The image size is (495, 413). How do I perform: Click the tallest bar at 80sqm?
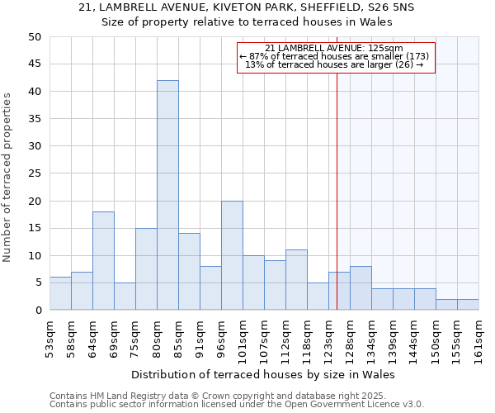click(x=167, y=195)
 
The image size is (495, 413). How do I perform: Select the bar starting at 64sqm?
click(x=103, y=260)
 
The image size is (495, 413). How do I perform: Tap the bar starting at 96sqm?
click(x=232, y=255)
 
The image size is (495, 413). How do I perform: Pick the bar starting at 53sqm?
click(x=60, y=293)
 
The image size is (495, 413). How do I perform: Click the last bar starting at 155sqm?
click(x=468, y=304)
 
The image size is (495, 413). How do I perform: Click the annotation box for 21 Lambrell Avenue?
click(x=336, y=57)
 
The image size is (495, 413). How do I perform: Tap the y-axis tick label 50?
click(x=34, y=37)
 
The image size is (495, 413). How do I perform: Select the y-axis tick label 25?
click(x=34, y=173)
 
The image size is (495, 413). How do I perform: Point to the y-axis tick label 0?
click(x=38, y=311)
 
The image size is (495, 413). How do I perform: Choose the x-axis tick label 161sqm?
click(x=478, y=339)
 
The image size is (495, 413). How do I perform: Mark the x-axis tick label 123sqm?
click(x=328, y=339)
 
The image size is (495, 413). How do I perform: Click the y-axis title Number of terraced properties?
click(x=7, y=178)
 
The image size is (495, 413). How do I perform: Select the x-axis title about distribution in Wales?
click(x=263, y=374)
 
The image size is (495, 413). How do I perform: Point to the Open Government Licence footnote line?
click(x=237, y=405)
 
